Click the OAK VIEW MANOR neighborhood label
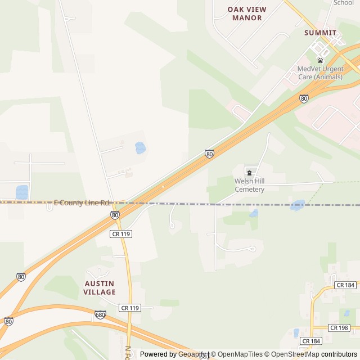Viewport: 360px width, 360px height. tap(247, 13)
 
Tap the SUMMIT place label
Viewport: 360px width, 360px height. tap(320, 33)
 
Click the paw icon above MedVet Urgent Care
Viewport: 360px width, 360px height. tap(320, 60)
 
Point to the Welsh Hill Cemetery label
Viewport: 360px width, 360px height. tap(249, 185)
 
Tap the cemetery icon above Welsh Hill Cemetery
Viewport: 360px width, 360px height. tap(249, 172)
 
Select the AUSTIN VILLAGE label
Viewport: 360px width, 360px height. tap(99, 287)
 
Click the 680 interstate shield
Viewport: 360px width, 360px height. tap(100, 315)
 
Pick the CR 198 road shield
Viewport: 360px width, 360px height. tap(339, 327)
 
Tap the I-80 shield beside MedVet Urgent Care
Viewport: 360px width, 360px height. tap(304, 98)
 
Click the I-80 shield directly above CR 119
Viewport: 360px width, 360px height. tap(115, 215)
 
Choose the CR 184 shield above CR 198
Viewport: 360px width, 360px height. tap(345, 285)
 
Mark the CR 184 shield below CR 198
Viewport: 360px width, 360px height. tap(310, 341)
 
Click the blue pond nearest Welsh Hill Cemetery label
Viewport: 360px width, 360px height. tap(254, 213)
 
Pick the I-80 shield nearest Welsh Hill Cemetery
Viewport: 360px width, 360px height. tap(209, 154)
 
